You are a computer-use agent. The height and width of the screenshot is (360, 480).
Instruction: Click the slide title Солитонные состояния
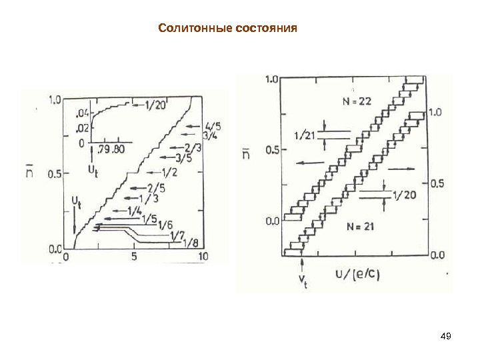[x=227, y=29]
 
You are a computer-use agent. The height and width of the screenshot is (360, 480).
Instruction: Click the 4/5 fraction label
[x=215, y=125]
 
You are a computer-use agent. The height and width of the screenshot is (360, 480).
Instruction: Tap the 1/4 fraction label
[x=133, y=211]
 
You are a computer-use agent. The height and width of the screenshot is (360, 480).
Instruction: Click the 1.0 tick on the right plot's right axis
[x=435, y=113]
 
